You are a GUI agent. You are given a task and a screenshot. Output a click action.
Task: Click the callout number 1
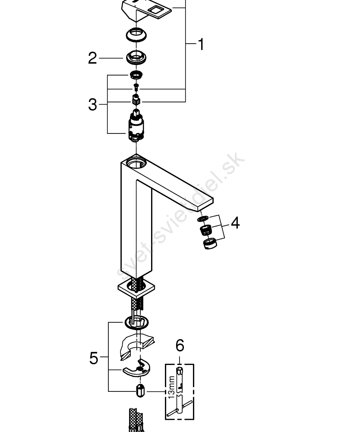[201, 44]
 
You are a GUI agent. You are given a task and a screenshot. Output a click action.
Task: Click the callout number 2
[92, 58]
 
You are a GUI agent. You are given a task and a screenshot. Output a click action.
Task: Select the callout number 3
[92, 105]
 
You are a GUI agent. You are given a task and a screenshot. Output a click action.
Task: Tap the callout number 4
[235, 223]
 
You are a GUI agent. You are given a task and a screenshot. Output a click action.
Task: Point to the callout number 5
[94, 358]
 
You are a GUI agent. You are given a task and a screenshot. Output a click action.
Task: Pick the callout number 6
[180, 346]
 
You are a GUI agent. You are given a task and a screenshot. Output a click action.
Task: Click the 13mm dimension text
[171, 387]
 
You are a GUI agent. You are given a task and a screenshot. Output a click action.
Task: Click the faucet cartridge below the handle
[136, 125]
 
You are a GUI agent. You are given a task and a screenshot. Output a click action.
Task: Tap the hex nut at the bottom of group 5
[140, 391]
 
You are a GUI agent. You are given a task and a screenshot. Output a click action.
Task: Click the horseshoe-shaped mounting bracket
[137, 368]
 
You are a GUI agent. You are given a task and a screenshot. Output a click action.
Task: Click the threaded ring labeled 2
[136, 57]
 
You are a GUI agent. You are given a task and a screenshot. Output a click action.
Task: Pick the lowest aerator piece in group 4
[210, 244]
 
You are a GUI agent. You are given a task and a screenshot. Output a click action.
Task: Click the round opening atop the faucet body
[137, 164]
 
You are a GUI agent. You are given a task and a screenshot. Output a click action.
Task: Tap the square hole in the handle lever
[156, 10]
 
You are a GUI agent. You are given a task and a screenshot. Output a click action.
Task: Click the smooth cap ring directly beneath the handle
[136, 35]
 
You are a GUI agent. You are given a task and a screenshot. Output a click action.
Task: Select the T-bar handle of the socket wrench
[180, 409]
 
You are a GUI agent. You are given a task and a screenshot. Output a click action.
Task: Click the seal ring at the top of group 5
[136, 322]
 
